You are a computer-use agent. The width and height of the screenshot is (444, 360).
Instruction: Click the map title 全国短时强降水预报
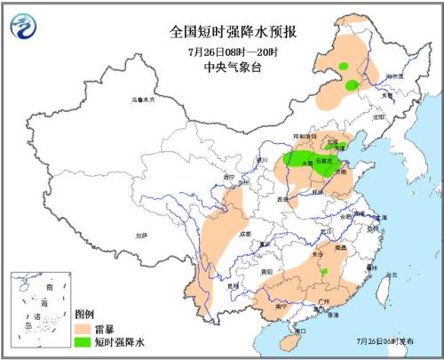tap(234, 31)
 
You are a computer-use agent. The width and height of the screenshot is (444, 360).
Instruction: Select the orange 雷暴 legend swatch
tap(86, 327)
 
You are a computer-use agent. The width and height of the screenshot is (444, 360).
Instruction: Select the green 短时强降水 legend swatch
tap(86, 340)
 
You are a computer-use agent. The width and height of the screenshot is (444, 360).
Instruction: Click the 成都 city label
tap(244, 234)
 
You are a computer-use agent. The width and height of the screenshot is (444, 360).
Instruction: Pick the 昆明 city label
tap(234, 286)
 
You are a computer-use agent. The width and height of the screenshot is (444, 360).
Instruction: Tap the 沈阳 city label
tap(380, 116)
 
